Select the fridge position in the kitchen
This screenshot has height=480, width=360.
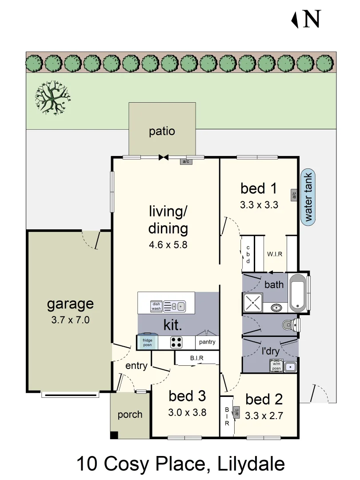[147, 342]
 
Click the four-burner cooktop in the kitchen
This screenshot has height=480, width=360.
[176, 342]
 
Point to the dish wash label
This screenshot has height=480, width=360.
[156, 306]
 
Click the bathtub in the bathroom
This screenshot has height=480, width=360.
[297, 292]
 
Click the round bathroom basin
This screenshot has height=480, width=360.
[277, 307]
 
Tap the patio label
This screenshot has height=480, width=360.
[162, 132]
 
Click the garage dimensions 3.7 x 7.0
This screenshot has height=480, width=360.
[71, 320]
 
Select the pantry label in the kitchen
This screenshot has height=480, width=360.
[207, 342]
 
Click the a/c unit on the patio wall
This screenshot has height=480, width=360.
[186, 161]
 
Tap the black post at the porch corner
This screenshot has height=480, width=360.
[114, 436]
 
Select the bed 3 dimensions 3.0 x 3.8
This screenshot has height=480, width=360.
[187, 412]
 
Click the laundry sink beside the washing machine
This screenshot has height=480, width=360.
[290, 367]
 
